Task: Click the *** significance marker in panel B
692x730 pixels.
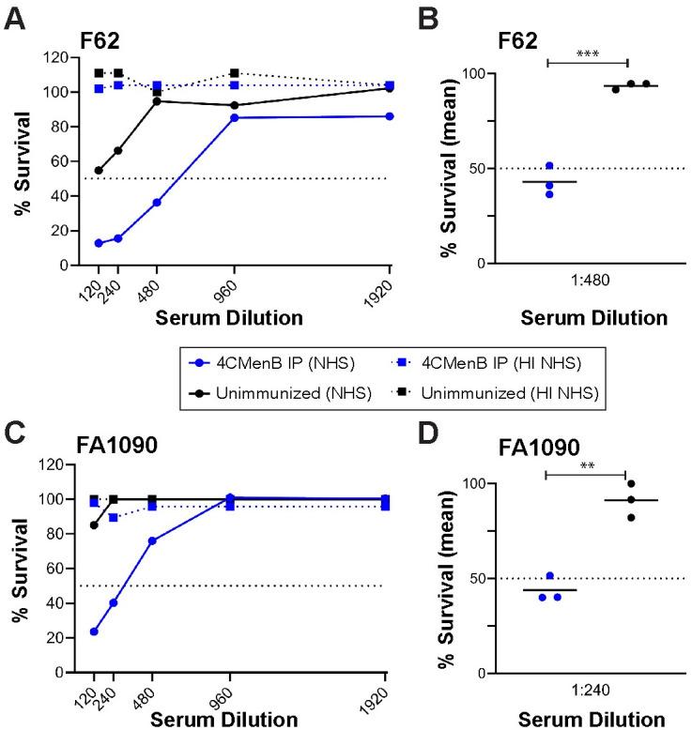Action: pos(587,54)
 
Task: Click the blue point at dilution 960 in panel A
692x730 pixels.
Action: pos(233,117)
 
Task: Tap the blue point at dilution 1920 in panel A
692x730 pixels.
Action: pos(390,115)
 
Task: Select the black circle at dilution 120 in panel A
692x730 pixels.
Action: pos(99,171)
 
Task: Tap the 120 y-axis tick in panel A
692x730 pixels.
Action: pos(70,58)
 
